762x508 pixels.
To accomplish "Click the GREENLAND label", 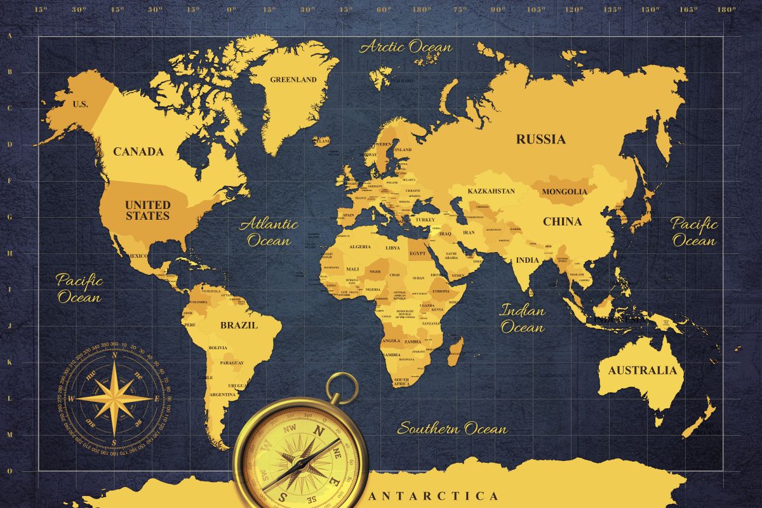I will [x=293, y=80].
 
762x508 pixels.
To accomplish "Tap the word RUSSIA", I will [x=540, y=139].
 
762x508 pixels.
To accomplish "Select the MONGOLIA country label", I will [x=565, y=191].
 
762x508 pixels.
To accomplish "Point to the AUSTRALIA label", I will [x=643, y=370].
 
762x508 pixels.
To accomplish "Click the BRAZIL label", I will [x=239, y=325].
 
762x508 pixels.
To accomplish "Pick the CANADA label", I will [x=138, y=152].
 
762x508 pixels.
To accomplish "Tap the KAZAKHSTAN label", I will [x=491, y=191].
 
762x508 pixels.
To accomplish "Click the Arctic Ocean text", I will [x=406, y=47].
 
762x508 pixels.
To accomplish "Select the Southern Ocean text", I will [x=452, y=429].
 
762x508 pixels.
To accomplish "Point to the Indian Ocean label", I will [x=522, y=319].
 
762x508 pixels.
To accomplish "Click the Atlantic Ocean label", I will [x=269, y=232].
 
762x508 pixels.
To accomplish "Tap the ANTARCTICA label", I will [x=434, y=496].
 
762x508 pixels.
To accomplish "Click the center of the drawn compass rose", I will [x=114, y=398].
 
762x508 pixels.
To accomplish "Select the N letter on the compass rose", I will [x=114, y=356].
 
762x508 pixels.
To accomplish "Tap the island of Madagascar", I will [x=455, y=351].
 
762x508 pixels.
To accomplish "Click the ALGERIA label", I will [x=360, y=246].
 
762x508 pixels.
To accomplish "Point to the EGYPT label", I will [x=417, y=253].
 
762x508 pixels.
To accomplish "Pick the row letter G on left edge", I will [x=10, y=217].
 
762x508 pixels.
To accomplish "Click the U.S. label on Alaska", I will [x=81, y=104].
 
